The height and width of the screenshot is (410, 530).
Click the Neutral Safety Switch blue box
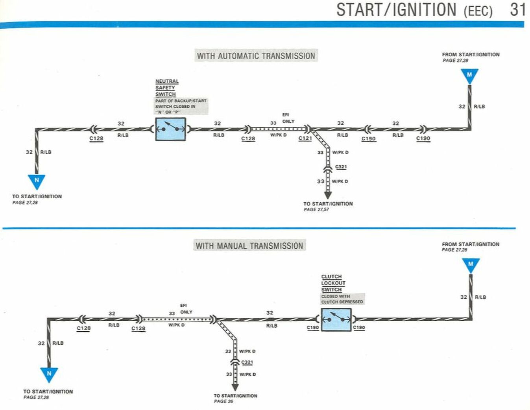click(170, 129)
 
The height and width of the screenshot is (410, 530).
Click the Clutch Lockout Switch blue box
click(336, 320)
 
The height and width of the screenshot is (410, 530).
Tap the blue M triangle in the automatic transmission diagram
click(469, 75)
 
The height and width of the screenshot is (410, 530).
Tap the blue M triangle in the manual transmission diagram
click(471, 265)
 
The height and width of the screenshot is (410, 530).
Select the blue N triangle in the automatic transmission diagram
click(37, 181)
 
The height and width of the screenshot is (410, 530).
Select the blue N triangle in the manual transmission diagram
click(49, 374)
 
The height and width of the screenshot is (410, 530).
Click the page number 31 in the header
click(517, 10)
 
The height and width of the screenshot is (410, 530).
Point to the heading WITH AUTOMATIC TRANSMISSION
click(256, 56)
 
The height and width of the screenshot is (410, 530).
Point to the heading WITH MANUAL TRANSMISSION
click(249, 246)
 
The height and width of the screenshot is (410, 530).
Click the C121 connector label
click(305, 138)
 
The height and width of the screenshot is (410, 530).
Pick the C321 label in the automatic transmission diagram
click(341, 167)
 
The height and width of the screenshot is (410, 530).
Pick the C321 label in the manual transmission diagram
click(247, 362)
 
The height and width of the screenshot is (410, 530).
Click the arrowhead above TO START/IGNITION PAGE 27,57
click(328, 195)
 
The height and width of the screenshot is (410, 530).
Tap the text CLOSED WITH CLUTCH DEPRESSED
click(342, 299)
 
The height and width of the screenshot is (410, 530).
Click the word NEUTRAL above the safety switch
click(167, 81)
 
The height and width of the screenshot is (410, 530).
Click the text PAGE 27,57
click(316, 210)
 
